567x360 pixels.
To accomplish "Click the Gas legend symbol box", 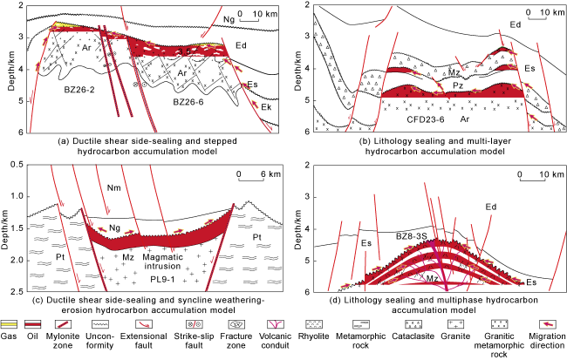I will tap(10, 322).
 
